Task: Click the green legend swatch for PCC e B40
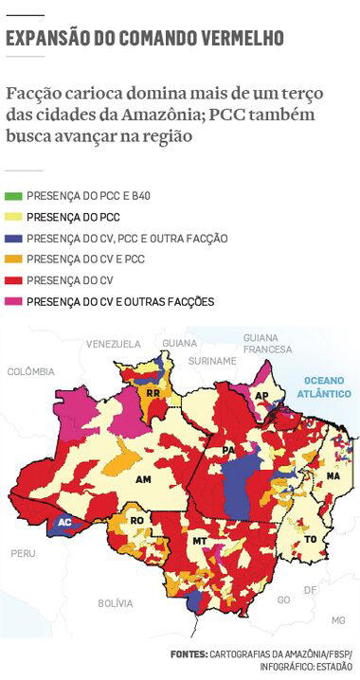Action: pos(14,196)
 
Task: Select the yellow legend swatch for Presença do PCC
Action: pos(14,217)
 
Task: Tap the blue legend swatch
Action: pos(14,238)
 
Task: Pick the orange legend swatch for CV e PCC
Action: pos(14,259)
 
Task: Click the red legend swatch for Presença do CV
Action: pos(14,279)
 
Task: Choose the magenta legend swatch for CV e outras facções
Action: pos(14,301)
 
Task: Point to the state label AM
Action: pos(144,480)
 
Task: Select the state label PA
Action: pos(228,449)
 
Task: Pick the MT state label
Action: pos(199,541)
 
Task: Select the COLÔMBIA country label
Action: pos(31,372)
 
